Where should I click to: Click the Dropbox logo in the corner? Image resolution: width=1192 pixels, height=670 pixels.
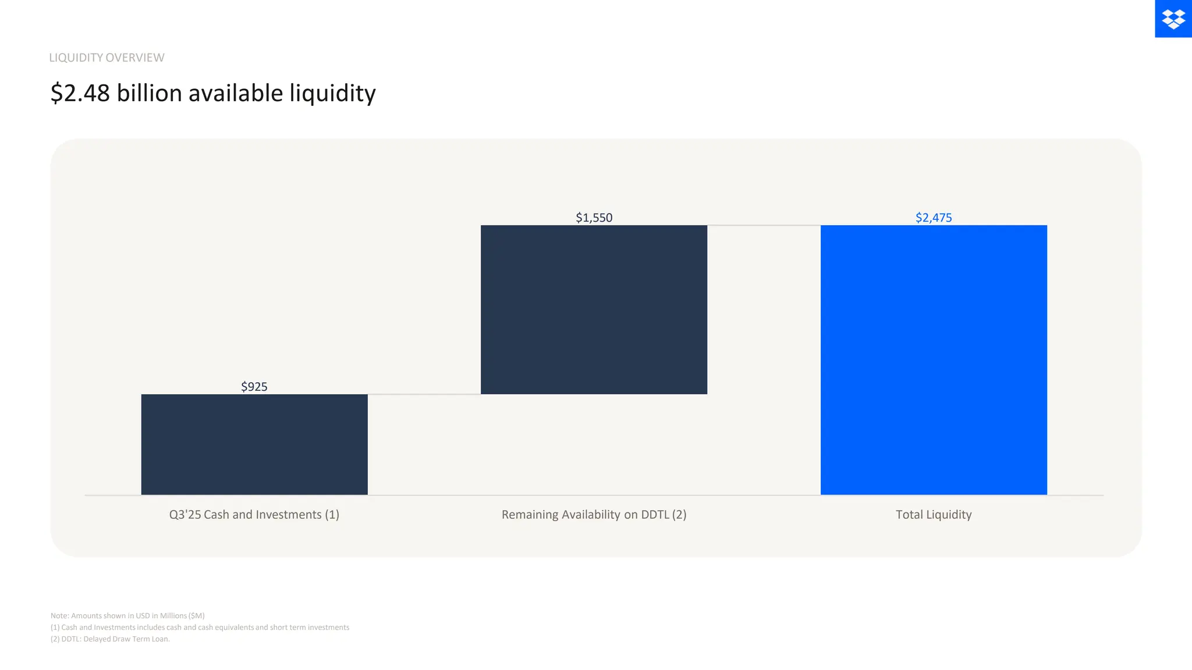(1173, 19)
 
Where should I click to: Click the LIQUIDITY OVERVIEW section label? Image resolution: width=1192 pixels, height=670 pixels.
(107, 58)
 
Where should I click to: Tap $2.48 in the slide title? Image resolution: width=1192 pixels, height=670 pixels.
(80, 93)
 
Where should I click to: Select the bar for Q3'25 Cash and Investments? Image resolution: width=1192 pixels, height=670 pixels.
(254, 444)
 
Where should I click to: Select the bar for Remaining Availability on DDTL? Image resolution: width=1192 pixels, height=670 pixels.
(594, 309)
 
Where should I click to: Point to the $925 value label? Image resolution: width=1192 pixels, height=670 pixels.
(254, 387)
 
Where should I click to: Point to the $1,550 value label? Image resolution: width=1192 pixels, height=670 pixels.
(594, 218)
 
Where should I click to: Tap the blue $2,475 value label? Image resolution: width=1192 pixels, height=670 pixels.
(934, 218)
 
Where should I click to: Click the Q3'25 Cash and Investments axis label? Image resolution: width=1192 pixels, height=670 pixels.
(254, 515)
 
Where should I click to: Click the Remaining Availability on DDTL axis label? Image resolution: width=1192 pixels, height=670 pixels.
(594, 515)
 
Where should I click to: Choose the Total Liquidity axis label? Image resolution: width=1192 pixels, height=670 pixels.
(934, 515)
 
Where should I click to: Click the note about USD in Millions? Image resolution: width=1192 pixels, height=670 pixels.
(127, 615)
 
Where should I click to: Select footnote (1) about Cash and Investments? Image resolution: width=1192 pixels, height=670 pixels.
(200, 628)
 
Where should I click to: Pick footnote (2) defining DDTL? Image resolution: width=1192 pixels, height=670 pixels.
(110, 639)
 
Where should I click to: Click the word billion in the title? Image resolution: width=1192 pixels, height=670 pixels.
(149, 93)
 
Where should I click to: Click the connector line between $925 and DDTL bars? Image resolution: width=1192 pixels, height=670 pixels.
(424, 394)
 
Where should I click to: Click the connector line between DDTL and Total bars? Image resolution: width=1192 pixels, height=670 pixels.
(764, 225)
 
